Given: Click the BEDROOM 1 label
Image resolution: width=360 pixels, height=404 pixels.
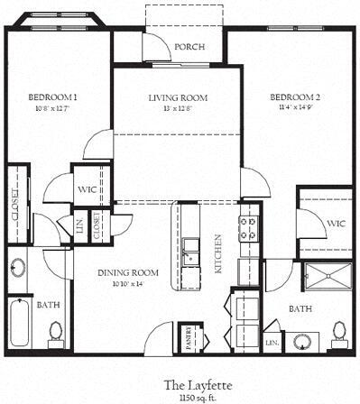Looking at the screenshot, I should tap(51, 96).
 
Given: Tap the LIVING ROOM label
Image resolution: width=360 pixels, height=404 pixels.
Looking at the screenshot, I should tap(178, 97).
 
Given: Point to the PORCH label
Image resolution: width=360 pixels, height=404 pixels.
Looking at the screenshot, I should tap(189, 47).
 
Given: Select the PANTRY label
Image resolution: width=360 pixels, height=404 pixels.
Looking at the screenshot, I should tap(189, 337).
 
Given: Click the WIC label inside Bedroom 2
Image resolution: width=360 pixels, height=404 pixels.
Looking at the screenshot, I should tap(336, 223).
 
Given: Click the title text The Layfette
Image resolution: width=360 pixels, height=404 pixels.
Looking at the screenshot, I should tap(180, 383).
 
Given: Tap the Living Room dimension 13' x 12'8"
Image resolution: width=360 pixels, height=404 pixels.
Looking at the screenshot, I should tap(178, 109).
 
